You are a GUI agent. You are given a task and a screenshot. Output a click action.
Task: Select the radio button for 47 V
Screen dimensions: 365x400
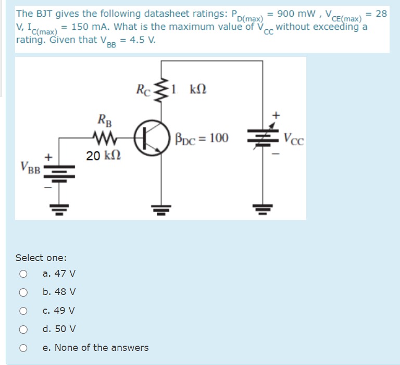click(23, 273)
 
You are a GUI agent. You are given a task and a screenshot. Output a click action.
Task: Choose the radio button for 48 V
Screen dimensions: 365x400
click(23, 292)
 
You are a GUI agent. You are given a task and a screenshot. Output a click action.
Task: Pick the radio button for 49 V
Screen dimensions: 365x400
click(23, 311)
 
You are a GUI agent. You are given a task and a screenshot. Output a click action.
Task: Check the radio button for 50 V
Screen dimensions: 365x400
click(23, 329)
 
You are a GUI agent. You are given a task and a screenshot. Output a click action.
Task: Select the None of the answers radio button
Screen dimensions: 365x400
click(23, 348)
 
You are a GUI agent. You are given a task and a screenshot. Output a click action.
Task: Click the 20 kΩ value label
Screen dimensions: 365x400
click(101, 155)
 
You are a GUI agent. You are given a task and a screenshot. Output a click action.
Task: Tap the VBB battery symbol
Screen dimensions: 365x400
click(58, 170)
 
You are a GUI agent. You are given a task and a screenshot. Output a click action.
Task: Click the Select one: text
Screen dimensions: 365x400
click(41, 257)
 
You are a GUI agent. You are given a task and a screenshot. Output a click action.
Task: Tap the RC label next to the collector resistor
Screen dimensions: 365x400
click(143, 89)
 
